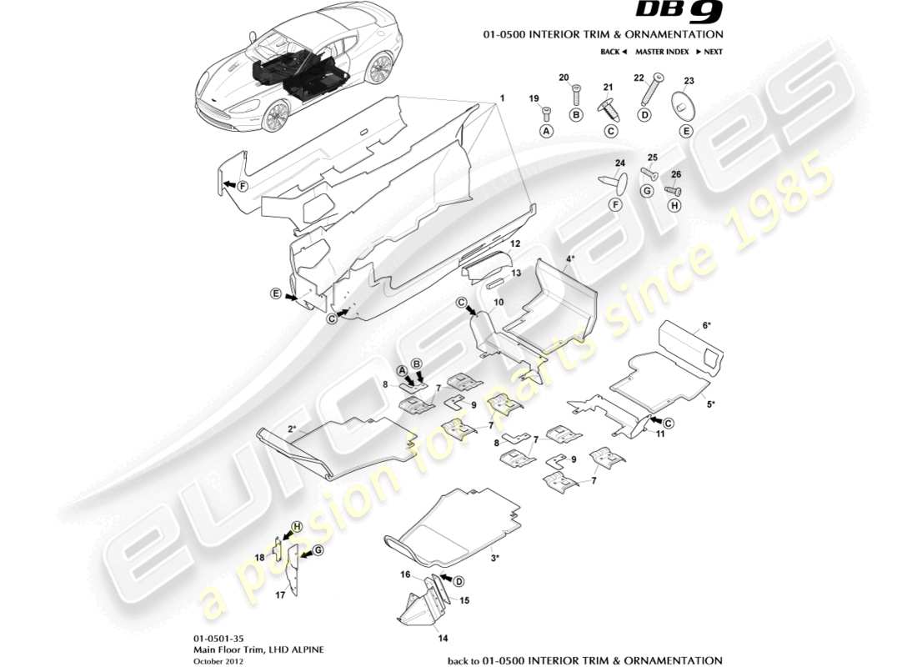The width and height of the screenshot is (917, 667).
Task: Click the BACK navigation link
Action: pyautogui.click(x=613, y=52)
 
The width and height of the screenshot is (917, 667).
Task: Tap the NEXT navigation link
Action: pyautogui.click(x=709, y=52)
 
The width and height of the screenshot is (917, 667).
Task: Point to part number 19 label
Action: pyautogui.click(x=534, y=98)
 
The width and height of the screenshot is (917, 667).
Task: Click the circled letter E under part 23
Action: pyautogui.click(x=686, y=131)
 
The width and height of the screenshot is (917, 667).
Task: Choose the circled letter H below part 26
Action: pyautogui.click(x=674, y=204)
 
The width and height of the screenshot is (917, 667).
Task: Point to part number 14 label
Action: pyautogui.click(x=443, y=639)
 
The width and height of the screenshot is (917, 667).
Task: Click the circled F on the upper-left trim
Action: pyautogui.click(x=242, y=185)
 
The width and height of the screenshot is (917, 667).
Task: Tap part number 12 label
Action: pyautogui.click(x=516, y=243)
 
